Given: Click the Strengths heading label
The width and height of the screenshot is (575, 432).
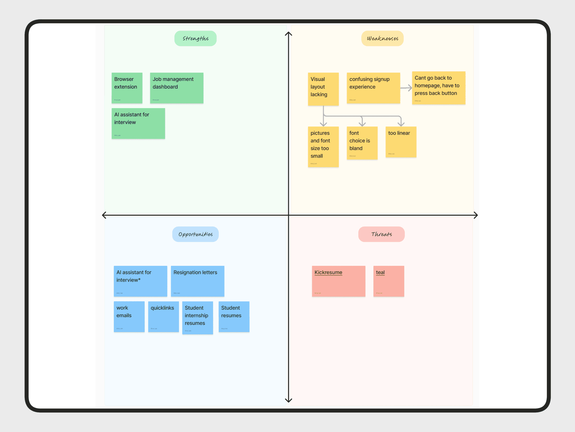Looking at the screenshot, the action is click(x=195, y=38).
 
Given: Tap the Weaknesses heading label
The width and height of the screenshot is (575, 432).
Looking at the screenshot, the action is click(x=382, y=38).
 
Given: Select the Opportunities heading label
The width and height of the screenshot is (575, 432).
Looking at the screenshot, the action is click(x=195, y=234).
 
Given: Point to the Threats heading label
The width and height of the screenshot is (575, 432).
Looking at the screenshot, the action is click(x=382, y=234).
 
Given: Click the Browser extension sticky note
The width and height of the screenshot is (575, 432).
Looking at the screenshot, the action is click(x=127, y=88).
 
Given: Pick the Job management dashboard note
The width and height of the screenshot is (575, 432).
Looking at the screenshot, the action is click(x=177, y=88).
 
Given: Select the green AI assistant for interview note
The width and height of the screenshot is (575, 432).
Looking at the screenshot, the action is click(x=138, y=123).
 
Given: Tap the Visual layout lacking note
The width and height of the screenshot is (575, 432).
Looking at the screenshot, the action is click(x=323, y=89).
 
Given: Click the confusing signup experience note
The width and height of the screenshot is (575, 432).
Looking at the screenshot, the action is click(x=373, y=88).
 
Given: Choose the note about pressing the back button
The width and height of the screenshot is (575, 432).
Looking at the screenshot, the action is click(x=438, y=88).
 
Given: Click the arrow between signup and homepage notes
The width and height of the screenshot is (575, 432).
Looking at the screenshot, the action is click(x=406, y=88).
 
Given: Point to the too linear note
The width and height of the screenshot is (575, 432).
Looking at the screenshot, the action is click(x=401, y=142).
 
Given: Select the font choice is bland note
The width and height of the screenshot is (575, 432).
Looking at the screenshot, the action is click(x=362, y=143).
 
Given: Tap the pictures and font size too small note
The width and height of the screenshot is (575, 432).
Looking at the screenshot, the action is click(x=323, y=147).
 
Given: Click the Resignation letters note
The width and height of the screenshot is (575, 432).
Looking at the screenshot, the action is click(x=198, y=281).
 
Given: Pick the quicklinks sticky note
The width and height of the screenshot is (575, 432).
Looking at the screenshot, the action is click(x=163, y=317).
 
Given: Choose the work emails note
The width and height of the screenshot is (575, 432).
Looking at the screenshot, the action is click(x=129, y=317).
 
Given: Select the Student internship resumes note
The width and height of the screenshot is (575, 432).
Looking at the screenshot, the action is click(x=198, y=318).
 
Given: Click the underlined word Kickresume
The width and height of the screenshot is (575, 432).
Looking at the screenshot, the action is click(x=328, y=272).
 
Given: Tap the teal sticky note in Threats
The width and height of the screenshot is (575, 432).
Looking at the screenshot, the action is click(x=389, y=281).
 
